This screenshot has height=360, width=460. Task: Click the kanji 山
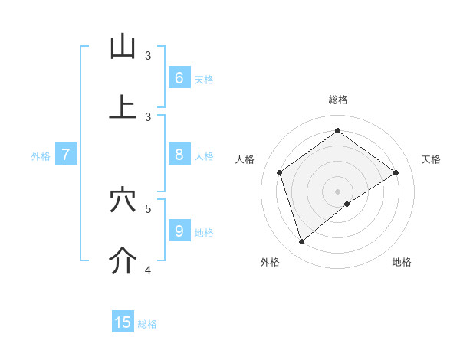(123, 47)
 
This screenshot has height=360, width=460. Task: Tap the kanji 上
(123, 108)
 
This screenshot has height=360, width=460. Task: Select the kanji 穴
(123, 201)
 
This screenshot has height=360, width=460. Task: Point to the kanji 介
(123, 261)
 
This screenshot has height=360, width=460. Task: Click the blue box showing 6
(179, 78)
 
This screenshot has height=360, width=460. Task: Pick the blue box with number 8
(179, 155)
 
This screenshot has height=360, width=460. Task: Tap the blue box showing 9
(179, 231)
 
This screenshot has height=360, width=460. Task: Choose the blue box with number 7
(66, 155)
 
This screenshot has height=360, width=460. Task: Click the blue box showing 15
(123, 322)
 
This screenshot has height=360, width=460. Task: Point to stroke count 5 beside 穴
(149, 208)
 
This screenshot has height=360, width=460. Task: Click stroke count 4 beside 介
(149, 269)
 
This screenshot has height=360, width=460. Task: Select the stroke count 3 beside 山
(149, 55)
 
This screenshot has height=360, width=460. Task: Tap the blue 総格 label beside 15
(147, 324)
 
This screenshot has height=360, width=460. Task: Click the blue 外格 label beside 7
(41, 156)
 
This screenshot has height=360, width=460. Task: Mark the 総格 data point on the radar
(337, 131)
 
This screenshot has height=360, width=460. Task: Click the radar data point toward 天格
(396, 172)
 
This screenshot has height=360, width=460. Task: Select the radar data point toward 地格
(347, 204)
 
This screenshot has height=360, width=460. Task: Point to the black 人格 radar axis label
(245, 159)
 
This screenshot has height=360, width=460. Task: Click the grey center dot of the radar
(337, 191)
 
